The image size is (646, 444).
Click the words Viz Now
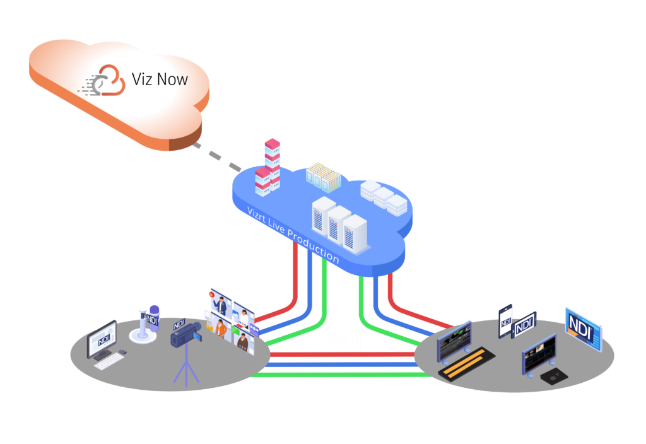pos(160,79)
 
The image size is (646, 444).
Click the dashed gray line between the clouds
pos(218,157)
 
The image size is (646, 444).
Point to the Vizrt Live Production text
pos(293,235)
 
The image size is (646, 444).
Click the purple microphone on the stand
pos(153,318)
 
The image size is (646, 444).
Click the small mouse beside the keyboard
pos(122,352)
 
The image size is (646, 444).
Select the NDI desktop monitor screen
pos(102,339)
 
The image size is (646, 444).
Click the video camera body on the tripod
pos(186,334)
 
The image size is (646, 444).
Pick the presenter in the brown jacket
pos(244,342)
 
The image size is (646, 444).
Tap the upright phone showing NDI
pos(505,321)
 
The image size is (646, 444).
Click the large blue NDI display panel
pos(584,329)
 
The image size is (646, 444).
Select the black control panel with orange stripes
pos(466,364)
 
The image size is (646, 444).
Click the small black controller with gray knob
pos(554,376)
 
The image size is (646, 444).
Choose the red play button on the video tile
pos(211,294)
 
